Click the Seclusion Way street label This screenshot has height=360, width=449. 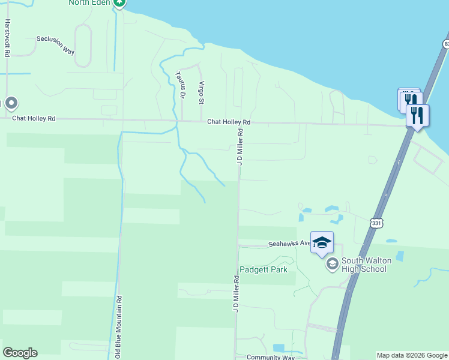tap(55, 44)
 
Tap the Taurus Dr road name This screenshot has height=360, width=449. tap(180, 85)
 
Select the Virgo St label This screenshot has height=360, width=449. tap(202, 92)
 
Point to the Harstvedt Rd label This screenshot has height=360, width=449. tap(7, 37)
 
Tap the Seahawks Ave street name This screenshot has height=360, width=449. tap(289, 244)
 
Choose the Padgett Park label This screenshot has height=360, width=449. tap(264, 269)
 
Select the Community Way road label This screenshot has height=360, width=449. tap(271, 357)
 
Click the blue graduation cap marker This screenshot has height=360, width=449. tap(322, 242)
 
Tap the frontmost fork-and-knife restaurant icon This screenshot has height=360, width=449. tap(417, 115)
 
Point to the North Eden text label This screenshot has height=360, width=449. tap(89, 3)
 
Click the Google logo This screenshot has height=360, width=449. tap(20, 353)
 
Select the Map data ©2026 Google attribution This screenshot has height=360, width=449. tap(412, 355)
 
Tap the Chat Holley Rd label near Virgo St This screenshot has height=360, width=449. tap(229, 122)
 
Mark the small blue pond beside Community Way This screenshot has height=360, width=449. tap(279, 347)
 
